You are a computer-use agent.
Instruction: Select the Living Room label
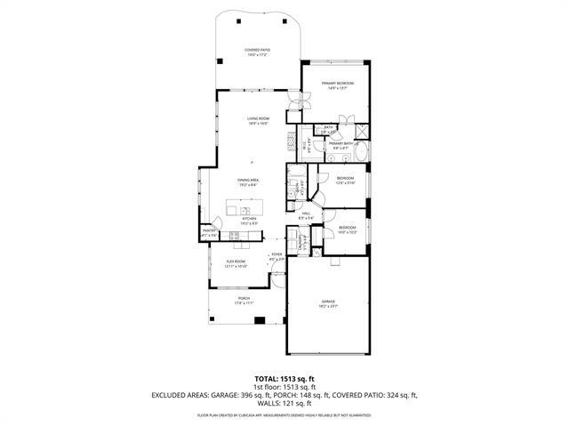pyautogui.click(x=257, y=120)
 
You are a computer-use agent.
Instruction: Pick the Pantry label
pyautogui.click(x=210, y=232)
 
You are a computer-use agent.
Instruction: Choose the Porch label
pyautogui.click(x=243, y=300)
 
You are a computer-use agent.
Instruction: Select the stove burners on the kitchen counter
pyautogui.click(x=236, y=237)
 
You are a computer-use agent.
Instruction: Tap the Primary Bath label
pyautogui.click(x=342, y=144)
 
